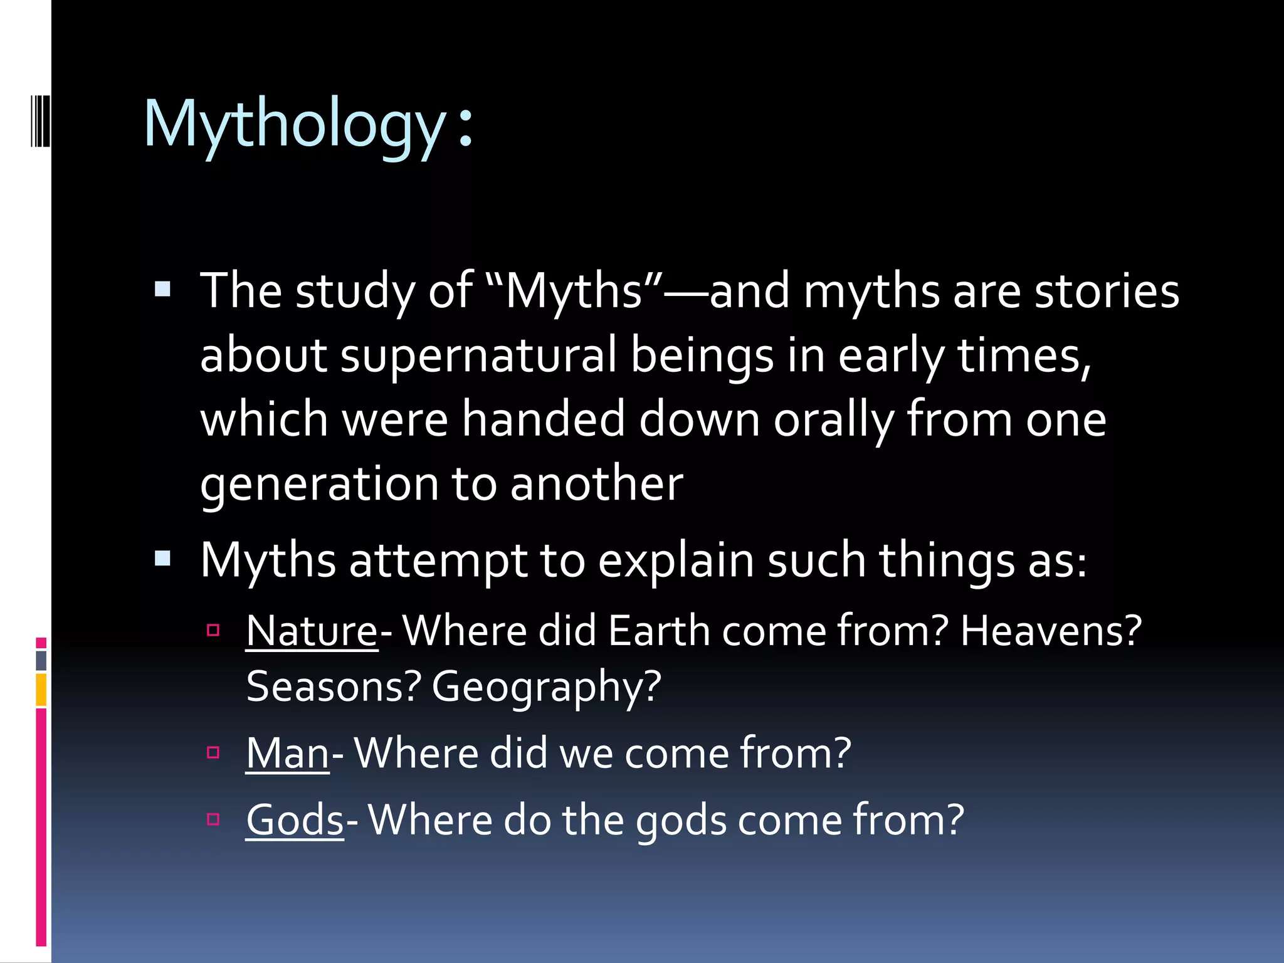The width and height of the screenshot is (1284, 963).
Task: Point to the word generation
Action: pyautogui.click(x=319, y=484)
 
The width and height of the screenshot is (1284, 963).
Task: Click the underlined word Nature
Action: pyautogui.click(x=312, y=631)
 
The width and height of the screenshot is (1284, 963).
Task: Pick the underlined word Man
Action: pyautogui.click(x=287, y=753)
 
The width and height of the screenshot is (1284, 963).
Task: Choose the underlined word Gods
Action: pyautogui.click(x=295, y=820)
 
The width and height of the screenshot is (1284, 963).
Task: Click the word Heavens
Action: pyautogui.click(x=1051, y=631)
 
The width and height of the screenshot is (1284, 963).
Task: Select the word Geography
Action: pyautogui.click(x=546, y=687)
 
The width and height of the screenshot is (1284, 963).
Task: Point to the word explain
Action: pyautogui.click(x=676, y=560)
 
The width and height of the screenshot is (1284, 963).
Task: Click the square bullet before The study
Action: pyautogui.click(x=163, y=288)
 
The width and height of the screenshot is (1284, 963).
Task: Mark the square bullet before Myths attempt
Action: pyautogui.click(x=163, y=558)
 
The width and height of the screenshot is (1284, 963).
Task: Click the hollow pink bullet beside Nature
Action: pyautogui.click(x=213, y=629)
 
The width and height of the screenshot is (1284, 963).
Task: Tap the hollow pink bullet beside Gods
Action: pyautogui.click(x=213, y=819)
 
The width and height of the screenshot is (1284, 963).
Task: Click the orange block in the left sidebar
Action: pyautogui.click(x=41, y=689)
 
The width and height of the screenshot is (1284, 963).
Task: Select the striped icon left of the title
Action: pyautogui.click(x=40, y=119)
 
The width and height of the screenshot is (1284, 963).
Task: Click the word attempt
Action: pyautogui.click(x=438, y=560)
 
